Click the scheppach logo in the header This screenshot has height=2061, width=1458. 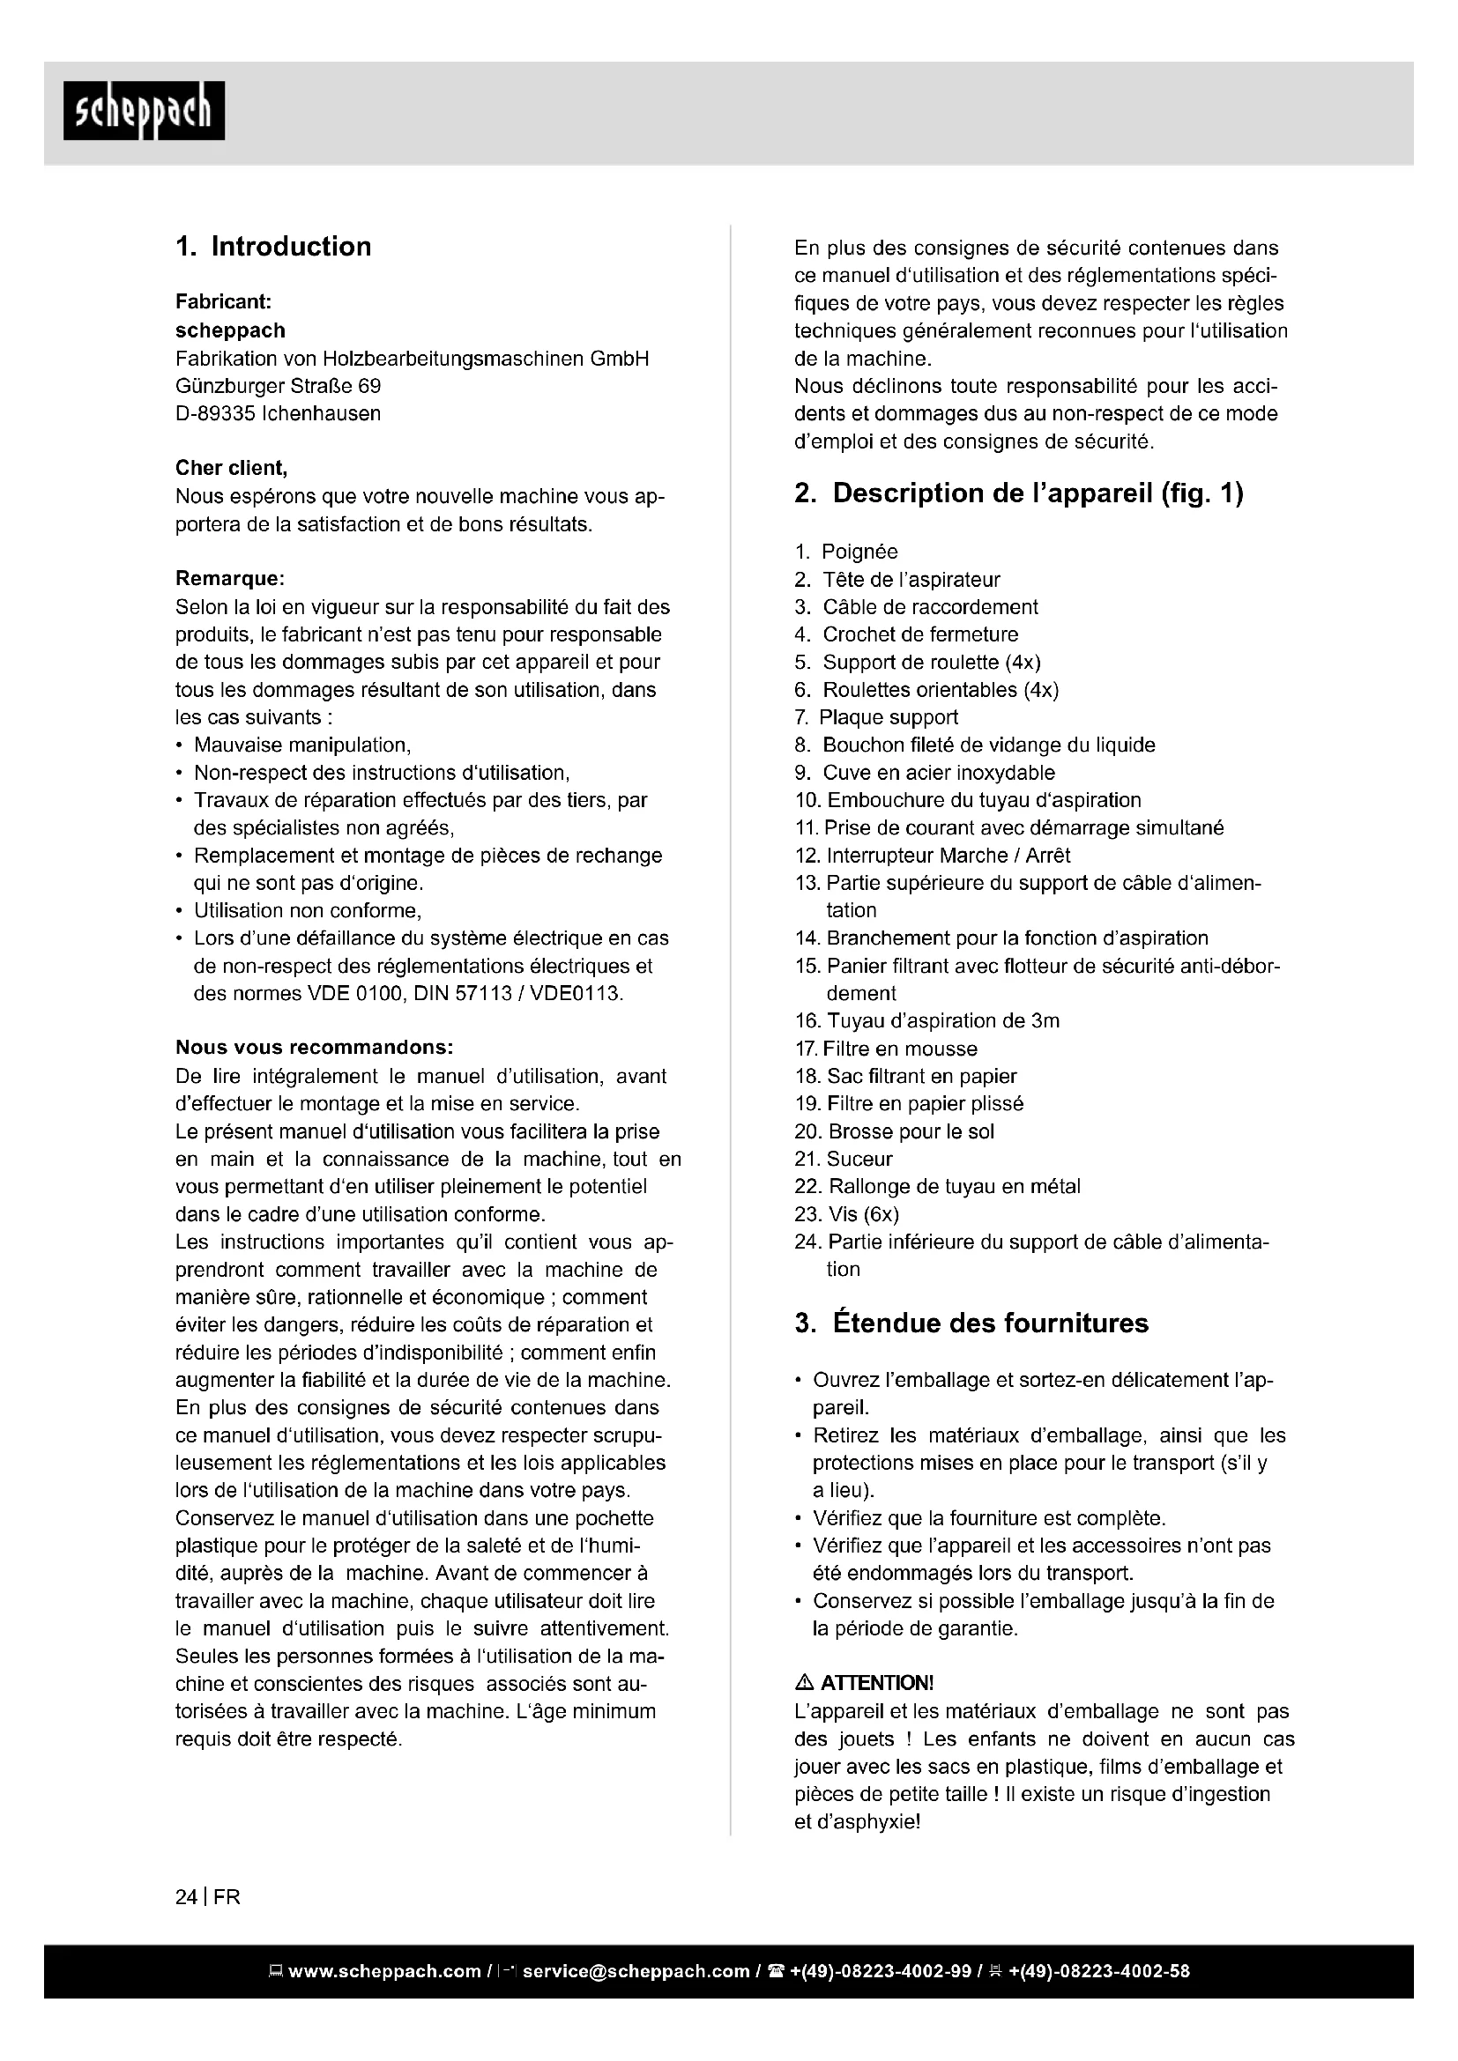pos(144,110)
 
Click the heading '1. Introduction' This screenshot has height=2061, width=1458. pos(273,247)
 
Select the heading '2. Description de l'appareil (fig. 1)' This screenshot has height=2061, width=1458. pos(1018,493)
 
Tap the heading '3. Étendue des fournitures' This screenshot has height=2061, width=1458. pos(971,1323)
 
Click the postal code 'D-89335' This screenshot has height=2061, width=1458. pos(212,414)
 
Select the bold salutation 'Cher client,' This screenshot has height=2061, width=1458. pos(232,469)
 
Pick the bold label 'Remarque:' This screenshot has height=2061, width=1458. pos(230,579)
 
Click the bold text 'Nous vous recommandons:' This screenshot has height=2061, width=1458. pos(314,1048)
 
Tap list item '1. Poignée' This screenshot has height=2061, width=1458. pos(845,552)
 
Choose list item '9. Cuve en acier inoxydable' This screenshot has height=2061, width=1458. pos(925,773)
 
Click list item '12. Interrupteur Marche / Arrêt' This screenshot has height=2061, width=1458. pos(932,856)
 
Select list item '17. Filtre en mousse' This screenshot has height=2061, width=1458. pos(885,1049)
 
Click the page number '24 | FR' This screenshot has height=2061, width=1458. pos(208,1898)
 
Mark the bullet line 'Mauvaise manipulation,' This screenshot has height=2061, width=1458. pos(302,745)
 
